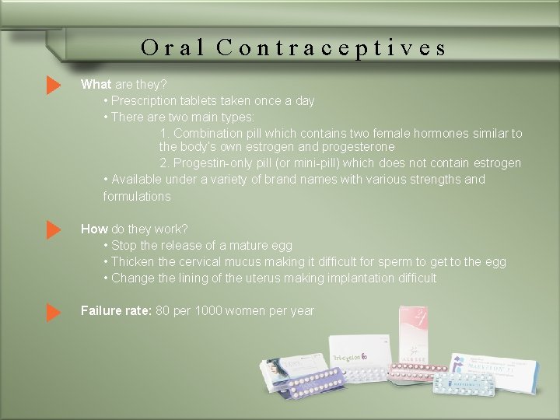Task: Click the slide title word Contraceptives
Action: pyautogui.click(x=331, y=48)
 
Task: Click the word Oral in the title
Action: pyautogui.click(x=173, y=48)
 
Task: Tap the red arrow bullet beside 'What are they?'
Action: pyautogui.click(x=53, y=85)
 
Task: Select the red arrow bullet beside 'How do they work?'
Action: pyautogui.click(x=53, y=229)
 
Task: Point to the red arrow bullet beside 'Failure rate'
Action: pyautogui.click(x=53, y=312)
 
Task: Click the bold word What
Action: pyautogui.click(x=96, y=85)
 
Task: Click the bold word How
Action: pyautogui.click(x=94, y=229)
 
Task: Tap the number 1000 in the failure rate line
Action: pyautogui.click(x=208, y=311)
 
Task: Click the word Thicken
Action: pyautogui.click(x=133, y=262)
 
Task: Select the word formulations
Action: pyautogui.click(x=136, y=196)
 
